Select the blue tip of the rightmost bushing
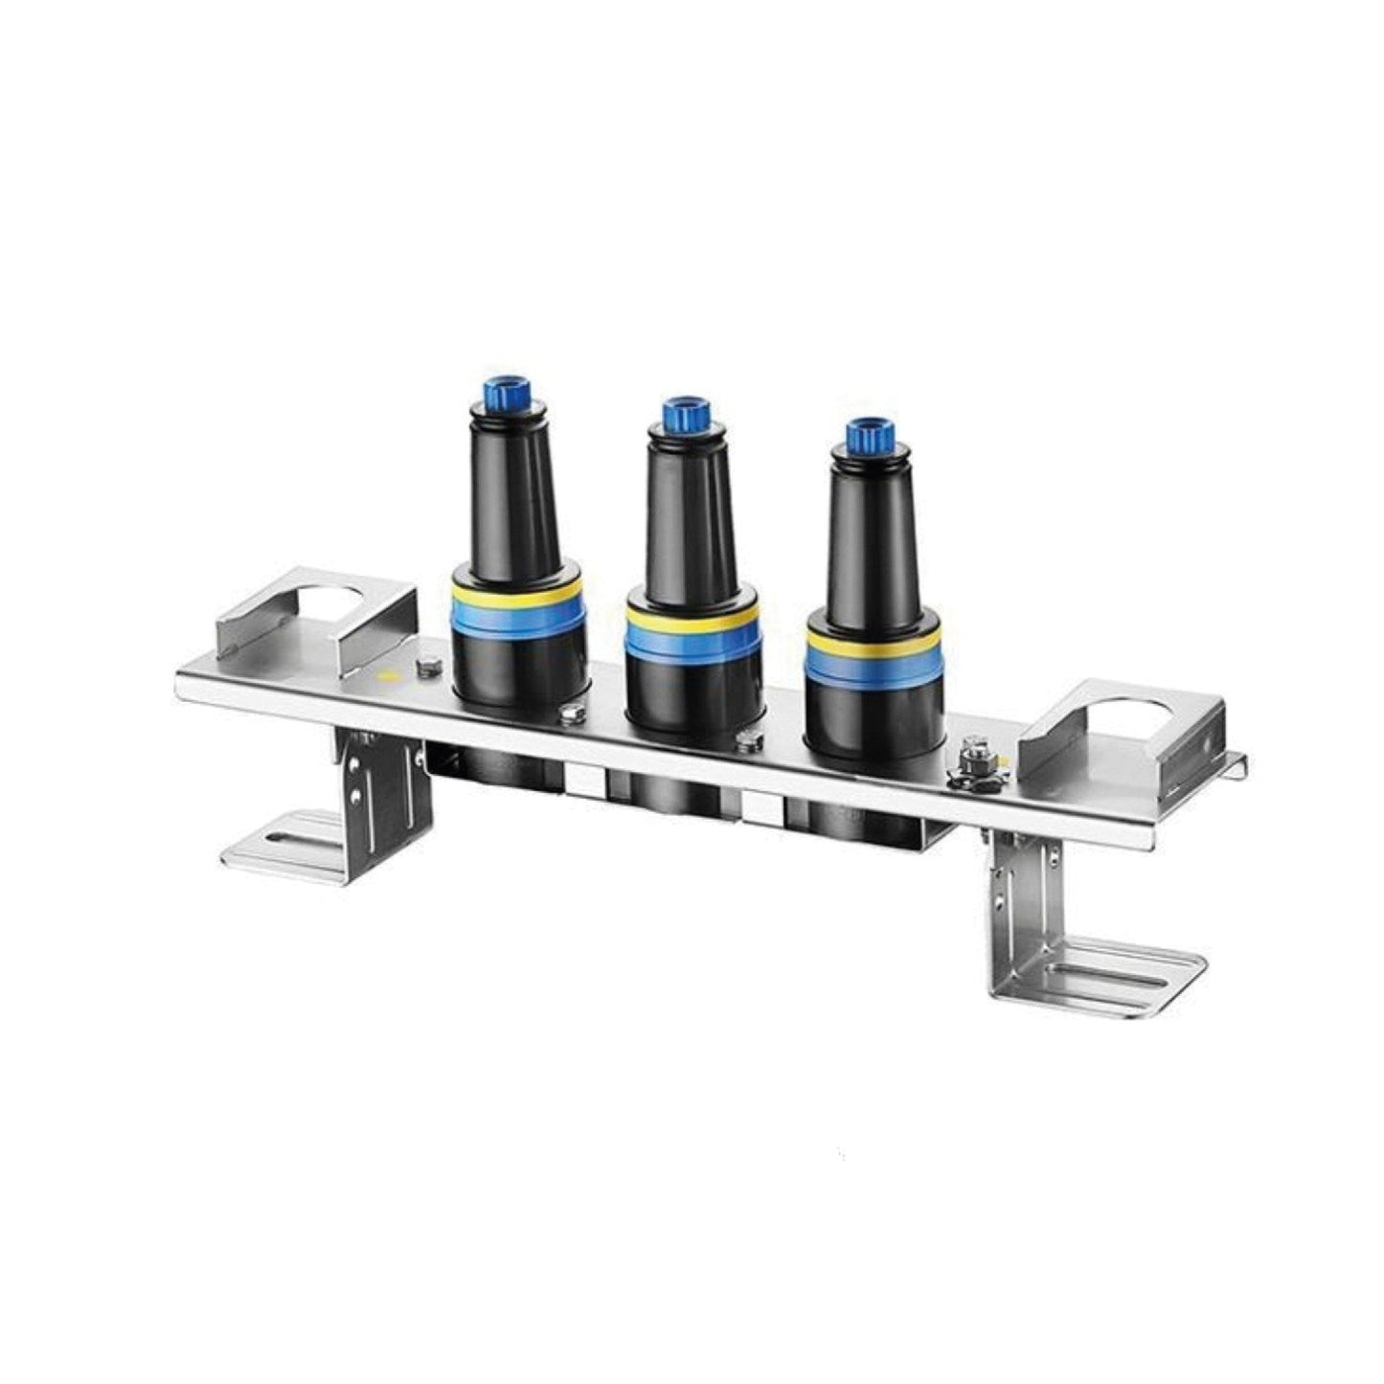tap(868, 435)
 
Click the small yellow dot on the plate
tap(387, 676)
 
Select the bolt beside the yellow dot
tap(426, 668)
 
